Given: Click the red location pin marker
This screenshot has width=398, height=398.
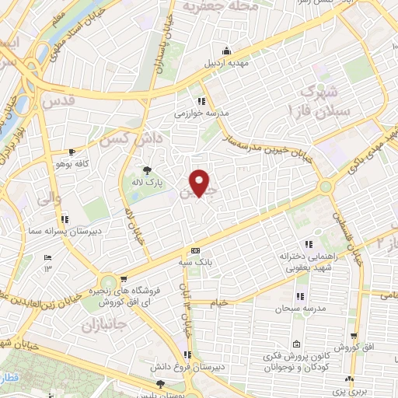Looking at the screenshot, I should click(x=201, y=183).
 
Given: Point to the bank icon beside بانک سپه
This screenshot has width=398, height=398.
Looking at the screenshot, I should click(x=195, y=251).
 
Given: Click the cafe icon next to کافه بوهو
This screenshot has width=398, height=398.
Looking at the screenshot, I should click(x=72, y=152).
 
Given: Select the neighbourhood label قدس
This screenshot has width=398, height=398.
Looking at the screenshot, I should click(x=61, y=101).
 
